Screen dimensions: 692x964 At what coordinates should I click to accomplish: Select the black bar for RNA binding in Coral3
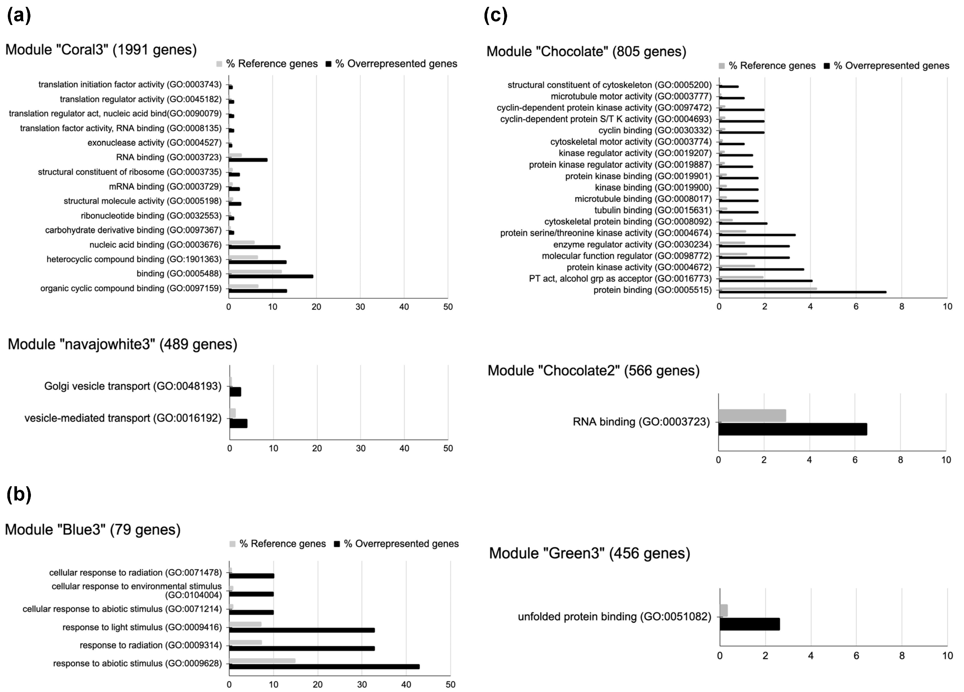248,160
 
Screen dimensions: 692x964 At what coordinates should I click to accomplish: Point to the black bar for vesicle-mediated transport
238,423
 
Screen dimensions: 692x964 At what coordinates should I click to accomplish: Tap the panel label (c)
496,16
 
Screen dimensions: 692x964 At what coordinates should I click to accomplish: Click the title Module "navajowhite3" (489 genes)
122,344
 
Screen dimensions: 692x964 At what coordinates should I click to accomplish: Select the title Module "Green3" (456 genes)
589,553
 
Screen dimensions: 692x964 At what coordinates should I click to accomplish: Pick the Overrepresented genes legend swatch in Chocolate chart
827,66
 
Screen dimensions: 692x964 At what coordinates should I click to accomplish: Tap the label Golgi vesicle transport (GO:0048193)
133,386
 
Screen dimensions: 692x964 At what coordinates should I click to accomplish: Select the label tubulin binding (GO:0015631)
653,210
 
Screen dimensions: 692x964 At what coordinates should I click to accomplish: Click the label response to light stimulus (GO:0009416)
142,627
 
